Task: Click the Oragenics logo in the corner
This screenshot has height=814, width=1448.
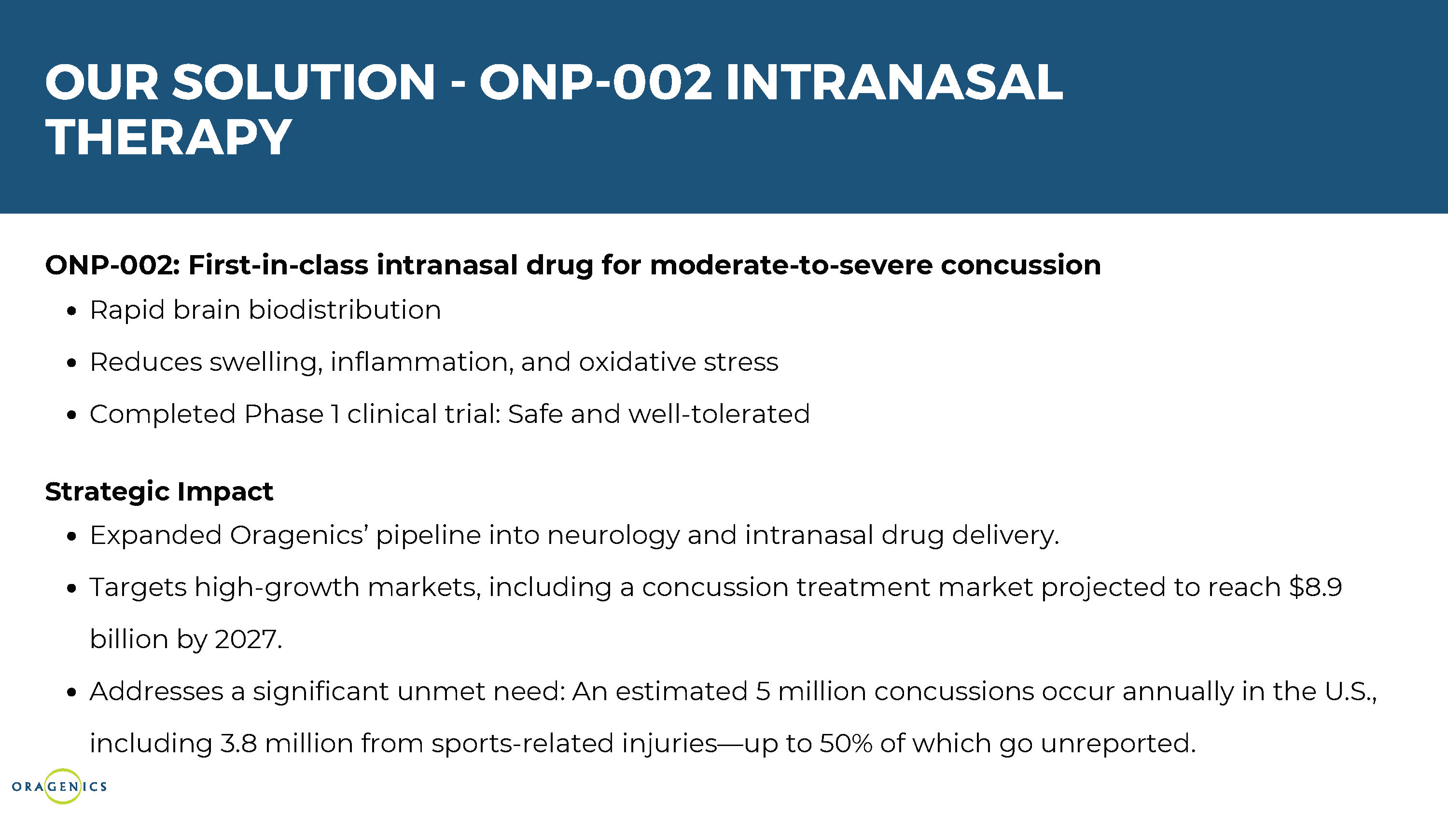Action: (x=59, y=786)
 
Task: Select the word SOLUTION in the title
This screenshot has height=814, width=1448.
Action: (x=304, y=82)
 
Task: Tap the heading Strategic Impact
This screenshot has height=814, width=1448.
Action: (x=159, y=491)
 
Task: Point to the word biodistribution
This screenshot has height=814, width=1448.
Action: (x=345, y=310)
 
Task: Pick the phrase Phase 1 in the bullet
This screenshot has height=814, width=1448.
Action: (x=292, y=414)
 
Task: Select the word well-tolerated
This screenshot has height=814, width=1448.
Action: (x=719, y=414)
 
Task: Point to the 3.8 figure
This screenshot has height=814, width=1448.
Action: (x=238, y=743)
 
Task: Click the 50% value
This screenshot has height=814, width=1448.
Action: (x=846, y=743)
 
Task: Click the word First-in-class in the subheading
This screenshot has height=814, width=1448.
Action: (x=278, y=265)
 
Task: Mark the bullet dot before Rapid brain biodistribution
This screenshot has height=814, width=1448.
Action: (x=71, y=311)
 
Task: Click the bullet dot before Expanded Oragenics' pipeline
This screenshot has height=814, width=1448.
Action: (x=71, y=537)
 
